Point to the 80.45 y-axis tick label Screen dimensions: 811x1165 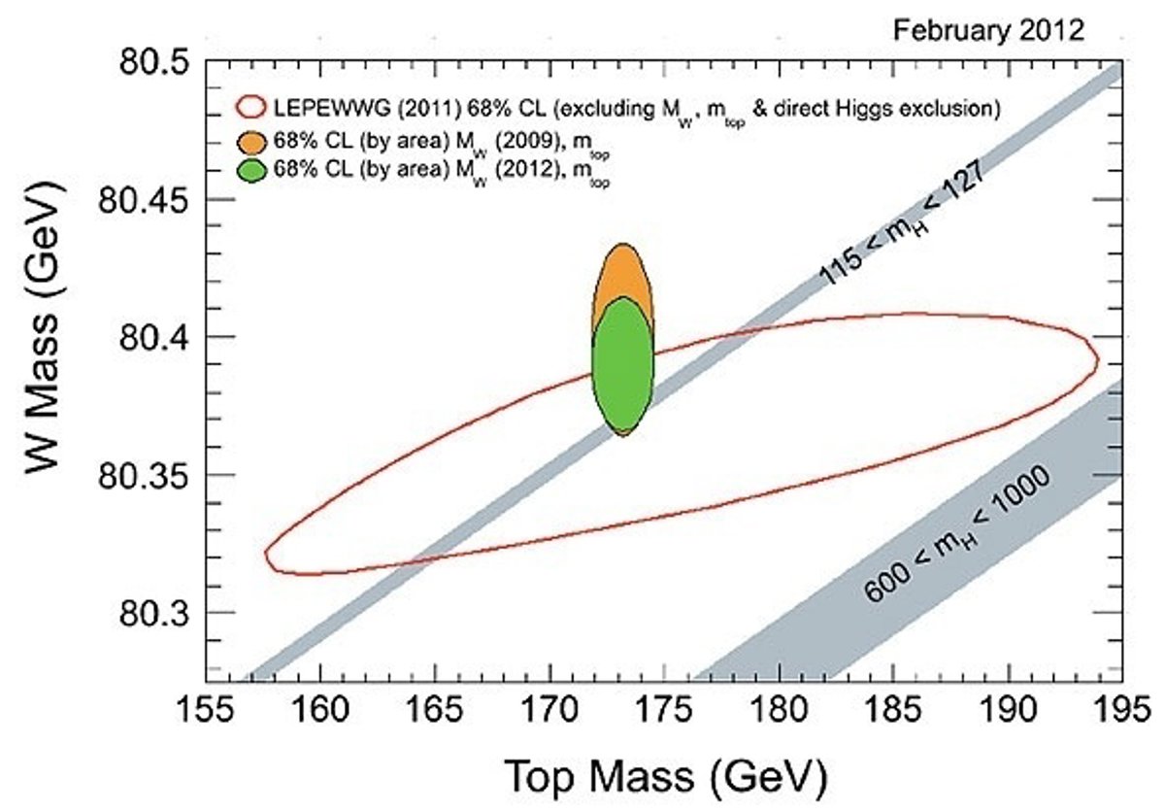point(145,200)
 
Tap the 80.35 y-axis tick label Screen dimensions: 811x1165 point(145,475)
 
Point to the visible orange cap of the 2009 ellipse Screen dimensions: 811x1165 point(623,272)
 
